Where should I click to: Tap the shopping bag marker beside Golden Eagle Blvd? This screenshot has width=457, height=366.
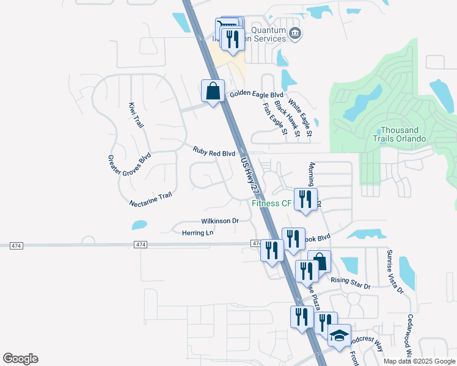pyautogui.click(x=213, y=91)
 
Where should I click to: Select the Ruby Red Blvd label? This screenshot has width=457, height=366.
pyautogui.click(x=214, y=151)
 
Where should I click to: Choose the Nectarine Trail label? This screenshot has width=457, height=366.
pyautogui.click(x=151, y=199)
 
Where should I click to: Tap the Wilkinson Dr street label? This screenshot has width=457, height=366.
pyautogui.click(x=219, y=221)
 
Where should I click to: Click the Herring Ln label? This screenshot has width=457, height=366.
pyautogui.click(x=198, y=232)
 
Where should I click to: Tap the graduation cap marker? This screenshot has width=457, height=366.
pyautogui.click(x=339, y=335)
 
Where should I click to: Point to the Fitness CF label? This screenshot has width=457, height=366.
pyautogui.click(x=272, y=203)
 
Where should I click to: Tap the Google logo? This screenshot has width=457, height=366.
pyautogui.click(x=20, y=359)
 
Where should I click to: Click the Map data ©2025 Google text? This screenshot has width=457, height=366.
pyautogui.click(x=419, y=361)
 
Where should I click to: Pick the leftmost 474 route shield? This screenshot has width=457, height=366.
pyautogui.click(x=16, y=245)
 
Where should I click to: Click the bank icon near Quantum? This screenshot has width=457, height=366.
pyautogui.click(x=295, y=33)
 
